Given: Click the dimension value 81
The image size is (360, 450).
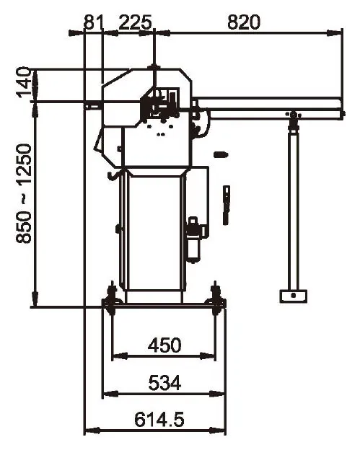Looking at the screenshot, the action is point(92,22).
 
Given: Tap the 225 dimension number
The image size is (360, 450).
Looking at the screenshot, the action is point(135,22).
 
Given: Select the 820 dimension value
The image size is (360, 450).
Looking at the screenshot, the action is point(244,22).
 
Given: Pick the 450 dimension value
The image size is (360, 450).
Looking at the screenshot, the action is point(164,345).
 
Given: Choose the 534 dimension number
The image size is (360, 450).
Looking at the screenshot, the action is point(164,382).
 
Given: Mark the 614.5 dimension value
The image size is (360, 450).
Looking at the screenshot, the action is point(159,420).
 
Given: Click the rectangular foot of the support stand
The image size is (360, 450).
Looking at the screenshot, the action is point(293,296).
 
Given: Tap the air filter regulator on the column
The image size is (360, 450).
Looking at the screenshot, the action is point(195,239).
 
